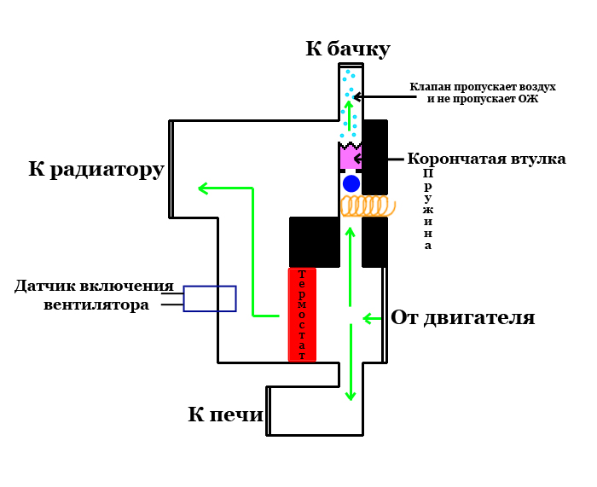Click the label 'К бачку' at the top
click(x=347, y=49)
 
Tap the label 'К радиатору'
click(x=96, y=169)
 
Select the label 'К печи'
click(x=225, y=415)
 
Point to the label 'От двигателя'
click(x=462, y=318)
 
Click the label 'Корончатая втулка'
click(x=486, y=159)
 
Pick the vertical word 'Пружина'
click(x=428, y=209)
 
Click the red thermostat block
click(x=302, y=314)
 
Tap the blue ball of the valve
click(x=351, y=183)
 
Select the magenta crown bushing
click(x=350, y=157)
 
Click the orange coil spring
click(x=368, y=206)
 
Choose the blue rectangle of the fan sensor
click(x=210, y=299)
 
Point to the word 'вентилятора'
click(x=96, y=304)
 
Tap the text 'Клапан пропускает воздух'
click(x=482, y=87)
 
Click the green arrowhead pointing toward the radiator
click(x=203, y=188)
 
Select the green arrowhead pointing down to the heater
click(x=350, y=395)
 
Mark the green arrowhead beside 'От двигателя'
click(x=368, y=318)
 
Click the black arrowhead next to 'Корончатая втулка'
click(x=358, y=159)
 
